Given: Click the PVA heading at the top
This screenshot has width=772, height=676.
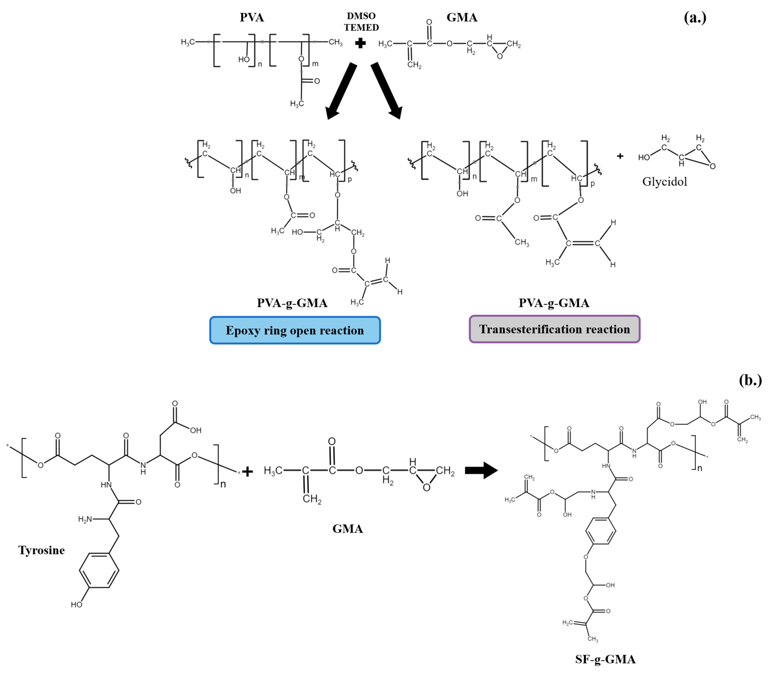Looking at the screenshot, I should [x=252, y=17].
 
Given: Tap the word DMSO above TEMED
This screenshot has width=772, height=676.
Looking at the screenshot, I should [x=361, y=16].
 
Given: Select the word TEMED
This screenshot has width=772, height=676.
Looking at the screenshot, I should [x=361, y=28].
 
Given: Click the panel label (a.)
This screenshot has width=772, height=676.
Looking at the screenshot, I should [x=695, y=17].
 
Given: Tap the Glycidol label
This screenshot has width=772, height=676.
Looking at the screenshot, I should [x=664, y=182].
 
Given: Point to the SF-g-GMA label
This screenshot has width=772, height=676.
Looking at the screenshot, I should [x=605, y=659].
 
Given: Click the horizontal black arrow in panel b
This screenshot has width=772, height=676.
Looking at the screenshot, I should [x=481, y=470].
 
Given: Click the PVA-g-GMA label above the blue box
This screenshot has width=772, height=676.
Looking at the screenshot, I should [x=292, y=303].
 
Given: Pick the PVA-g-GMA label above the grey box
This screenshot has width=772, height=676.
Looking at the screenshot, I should [x=553, y=303].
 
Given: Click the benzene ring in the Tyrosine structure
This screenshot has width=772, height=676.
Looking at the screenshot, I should [x=99, y=570].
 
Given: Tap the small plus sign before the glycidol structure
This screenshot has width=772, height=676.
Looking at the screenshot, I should [x=620, y=156].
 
